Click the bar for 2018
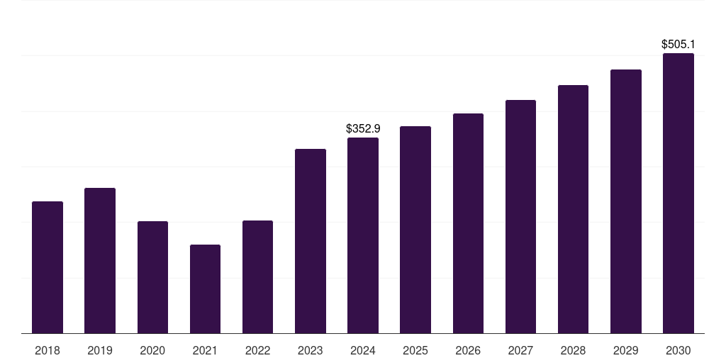[x=48, y=267]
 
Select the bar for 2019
[x=100, y=260]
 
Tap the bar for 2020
[x=152, y=277]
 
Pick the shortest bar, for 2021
[x=205, y=289]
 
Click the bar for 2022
[x=257, y=277]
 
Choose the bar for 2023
[x=311, y=241]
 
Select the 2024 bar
[x=363, y=235]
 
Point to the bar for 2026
[x=468, y=223]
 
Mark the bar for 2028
[x=573, y=209]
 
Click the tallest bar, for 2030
[x=678, y=193]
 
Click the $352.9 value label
[x=363, y=128]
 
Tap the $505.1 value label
[x=678, y=45]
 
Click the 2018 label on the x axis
[x=48, y=350]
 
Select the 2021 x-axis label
[x=205, y=350]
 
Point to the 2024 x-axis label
[x=363, y=350]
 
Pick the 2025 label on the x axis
[x=415, y=350]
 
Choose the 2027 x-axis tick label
[x=520, y=350]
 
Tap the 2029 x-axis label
[x=625, y=350]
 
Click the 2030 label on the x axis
[x=678, y=350]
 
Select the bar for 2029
[x=625, y=201]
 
